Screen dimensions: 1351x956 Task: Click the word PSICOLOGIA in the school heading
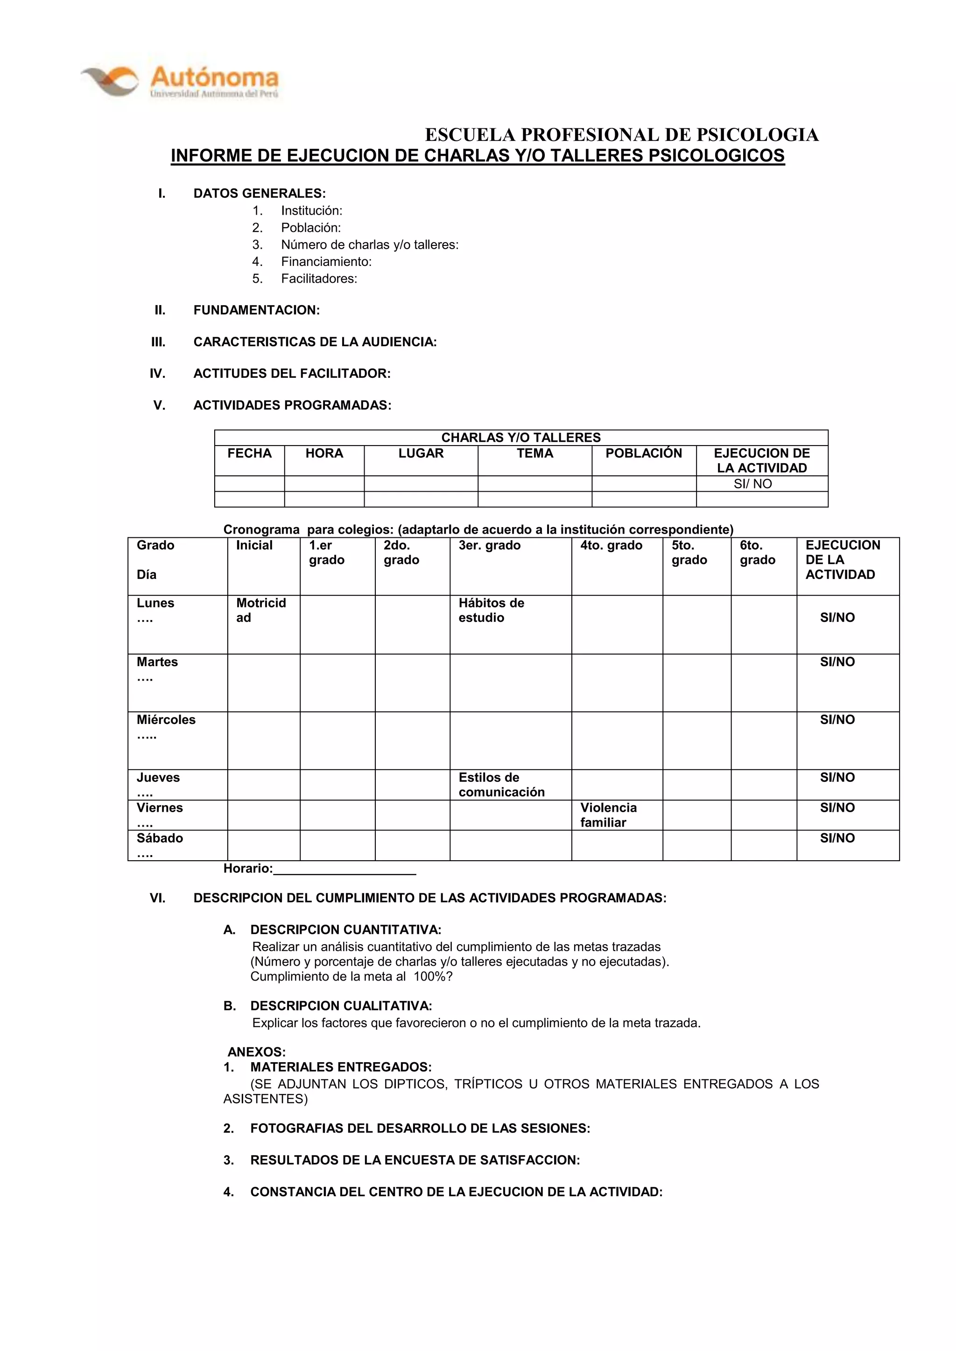pyautogui.click(x=758, y=135)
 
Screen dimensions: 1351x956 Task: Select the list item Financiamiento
pyautogui.click(x=326, y=262)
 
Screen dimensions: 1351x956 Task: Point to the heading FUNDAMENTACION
pyautogui.click(x=256, y=310)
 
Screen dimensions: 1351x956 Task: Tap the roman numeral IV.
pyautogui.click(x=157, y=374)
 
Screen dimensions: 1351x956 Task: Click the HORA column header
pyautogui.click(x=324, y=453)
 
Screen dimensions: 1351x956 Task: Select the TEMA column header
pyautogui.click(x=534, y=453)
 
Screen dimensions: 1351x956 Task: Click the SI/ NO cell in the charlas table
pyautogui.click(x=752, y=484)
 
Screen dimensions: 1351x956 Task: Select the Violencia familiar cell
pyautogui.click(x=608, y=815)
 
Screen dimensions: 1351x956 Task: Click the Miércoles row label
pyautogui.click(x=166, y=720)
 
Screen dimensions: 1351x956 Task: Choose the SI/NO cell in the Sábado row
pyautogui.click(x=837, y=838)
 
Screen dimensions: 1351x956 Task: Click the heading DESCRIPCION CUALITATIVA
pyautogui.click(x=341, y=1006)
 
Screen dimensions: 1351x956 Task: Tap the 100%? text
pyautogui.click(x=433, y=977)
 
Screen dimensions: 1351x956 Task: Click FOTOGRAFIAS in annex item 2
pyautogui.click(x=297, y=1128)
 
